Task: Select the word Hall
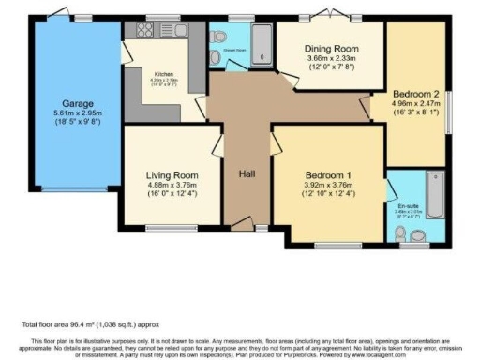[x=247, y=174]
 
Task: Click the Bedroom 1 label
[x=329, y=174]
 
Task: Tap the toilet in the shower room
[x=217, y=58]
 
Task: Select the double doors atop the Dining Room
[x=333, y=16]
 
